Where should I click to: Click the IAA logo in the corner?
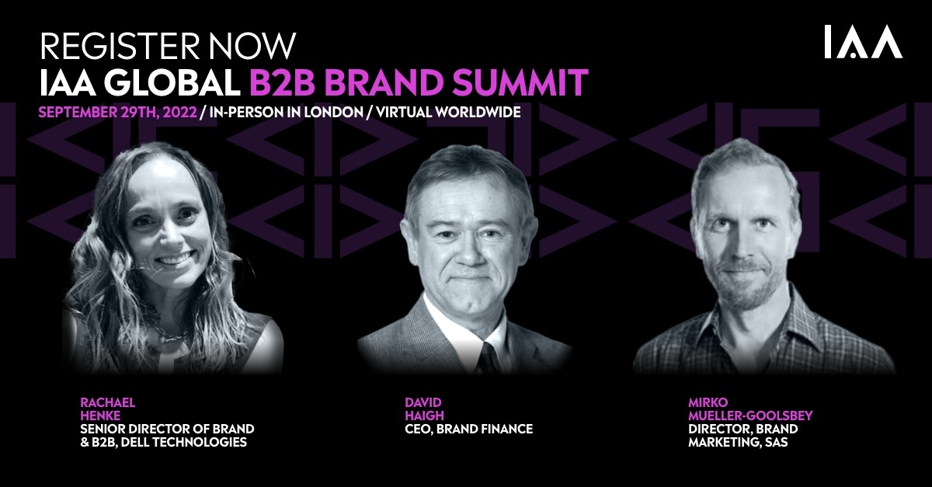pos(864,42)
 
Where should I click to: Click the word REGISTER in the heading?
pos(120,46)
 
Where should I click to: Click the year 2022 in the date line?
pos(179,113)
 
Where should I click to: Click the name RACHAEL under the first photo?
pos(108,402)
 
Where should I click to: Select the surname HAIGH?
pos(424,416)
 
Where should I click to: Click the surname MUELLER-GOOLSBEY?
pos(750,416)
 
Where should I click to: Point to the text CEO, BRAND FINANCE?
pos(469,429)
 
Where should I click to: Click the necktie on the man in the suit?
pos(489,357)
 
